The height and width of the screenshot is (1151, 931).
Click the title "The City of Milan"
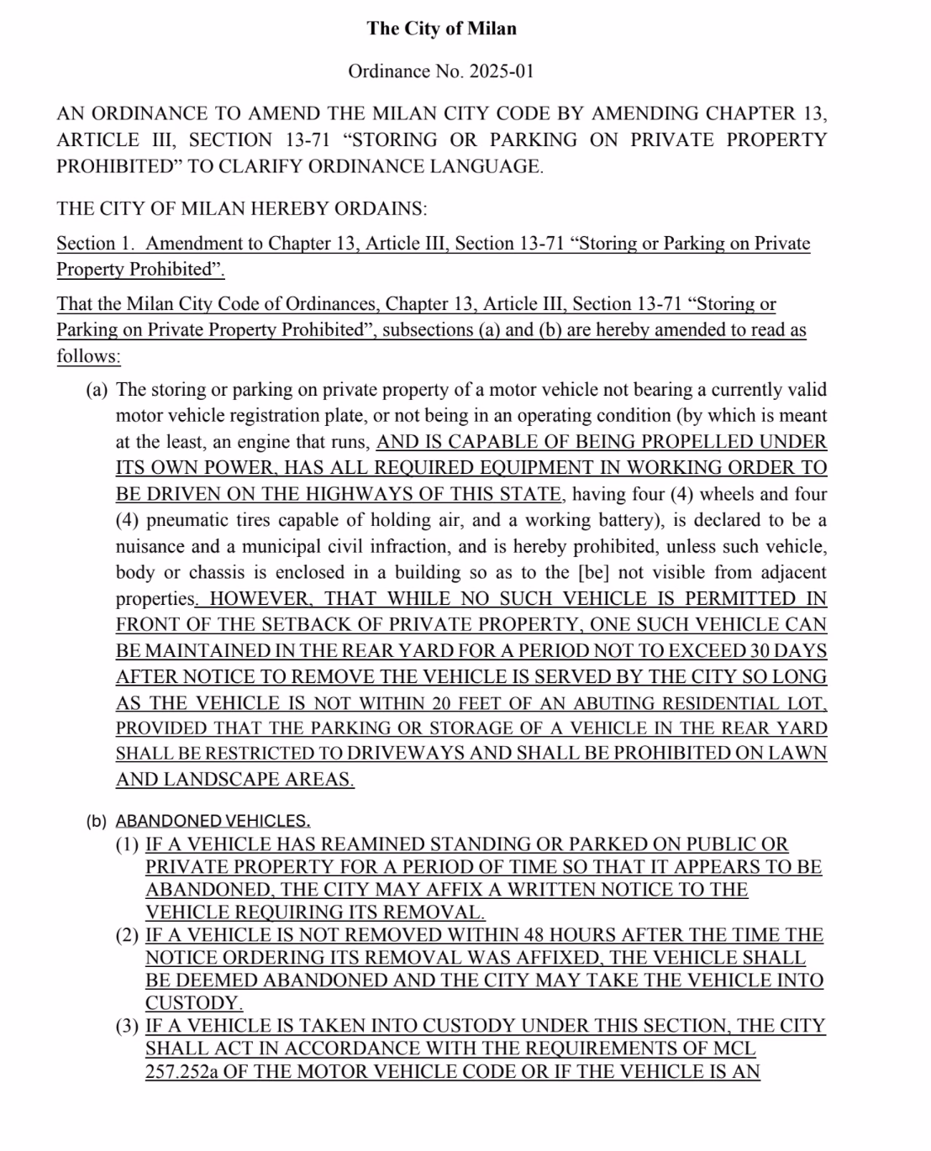[441, 29]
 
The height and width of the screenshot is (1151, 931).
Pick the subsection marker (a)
[97, 390]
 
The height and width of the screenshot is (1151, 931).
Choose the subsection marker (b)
[97, 822]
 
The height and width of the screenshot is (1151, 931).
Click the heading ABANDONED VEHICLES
[213, 822]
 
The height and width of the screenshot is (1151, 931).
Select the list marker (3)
[128, 1027]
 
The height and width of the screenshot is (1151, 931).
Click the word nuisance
[150, 547]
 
